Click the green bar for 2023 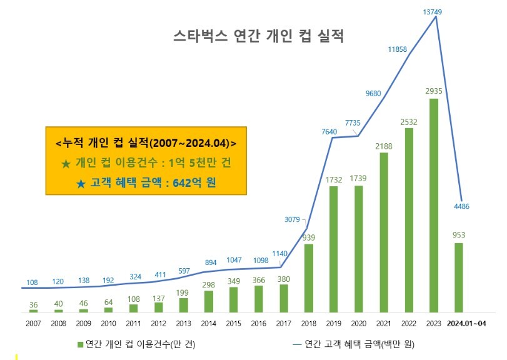[434, 206]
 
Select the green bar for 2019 [333, 249]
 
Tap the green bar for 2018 [308, 278]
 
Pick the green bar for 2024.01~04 [458, 277]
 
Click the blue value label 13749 [433, 12]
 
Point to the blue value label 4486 [461, 206]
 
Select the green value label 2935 [434, 91]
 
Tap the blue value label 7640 [329, 131]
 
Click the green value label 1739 [358, 178]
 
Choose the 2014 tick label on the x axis [209, 324]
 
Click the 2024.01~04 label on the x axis [466, 324]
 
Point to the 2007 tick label [33, 324]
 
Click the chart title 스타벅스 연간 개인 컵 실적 [258, 36]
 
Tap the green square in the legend [81, 345]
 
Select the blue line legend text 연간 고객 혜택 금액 [343, 344]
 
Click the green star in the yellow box [66, 164]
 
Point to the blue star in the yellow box [81, 184]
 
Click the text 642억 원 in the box [194, 183]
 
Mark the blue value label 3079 [293, 219]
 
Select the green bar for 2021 [383, 232]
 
